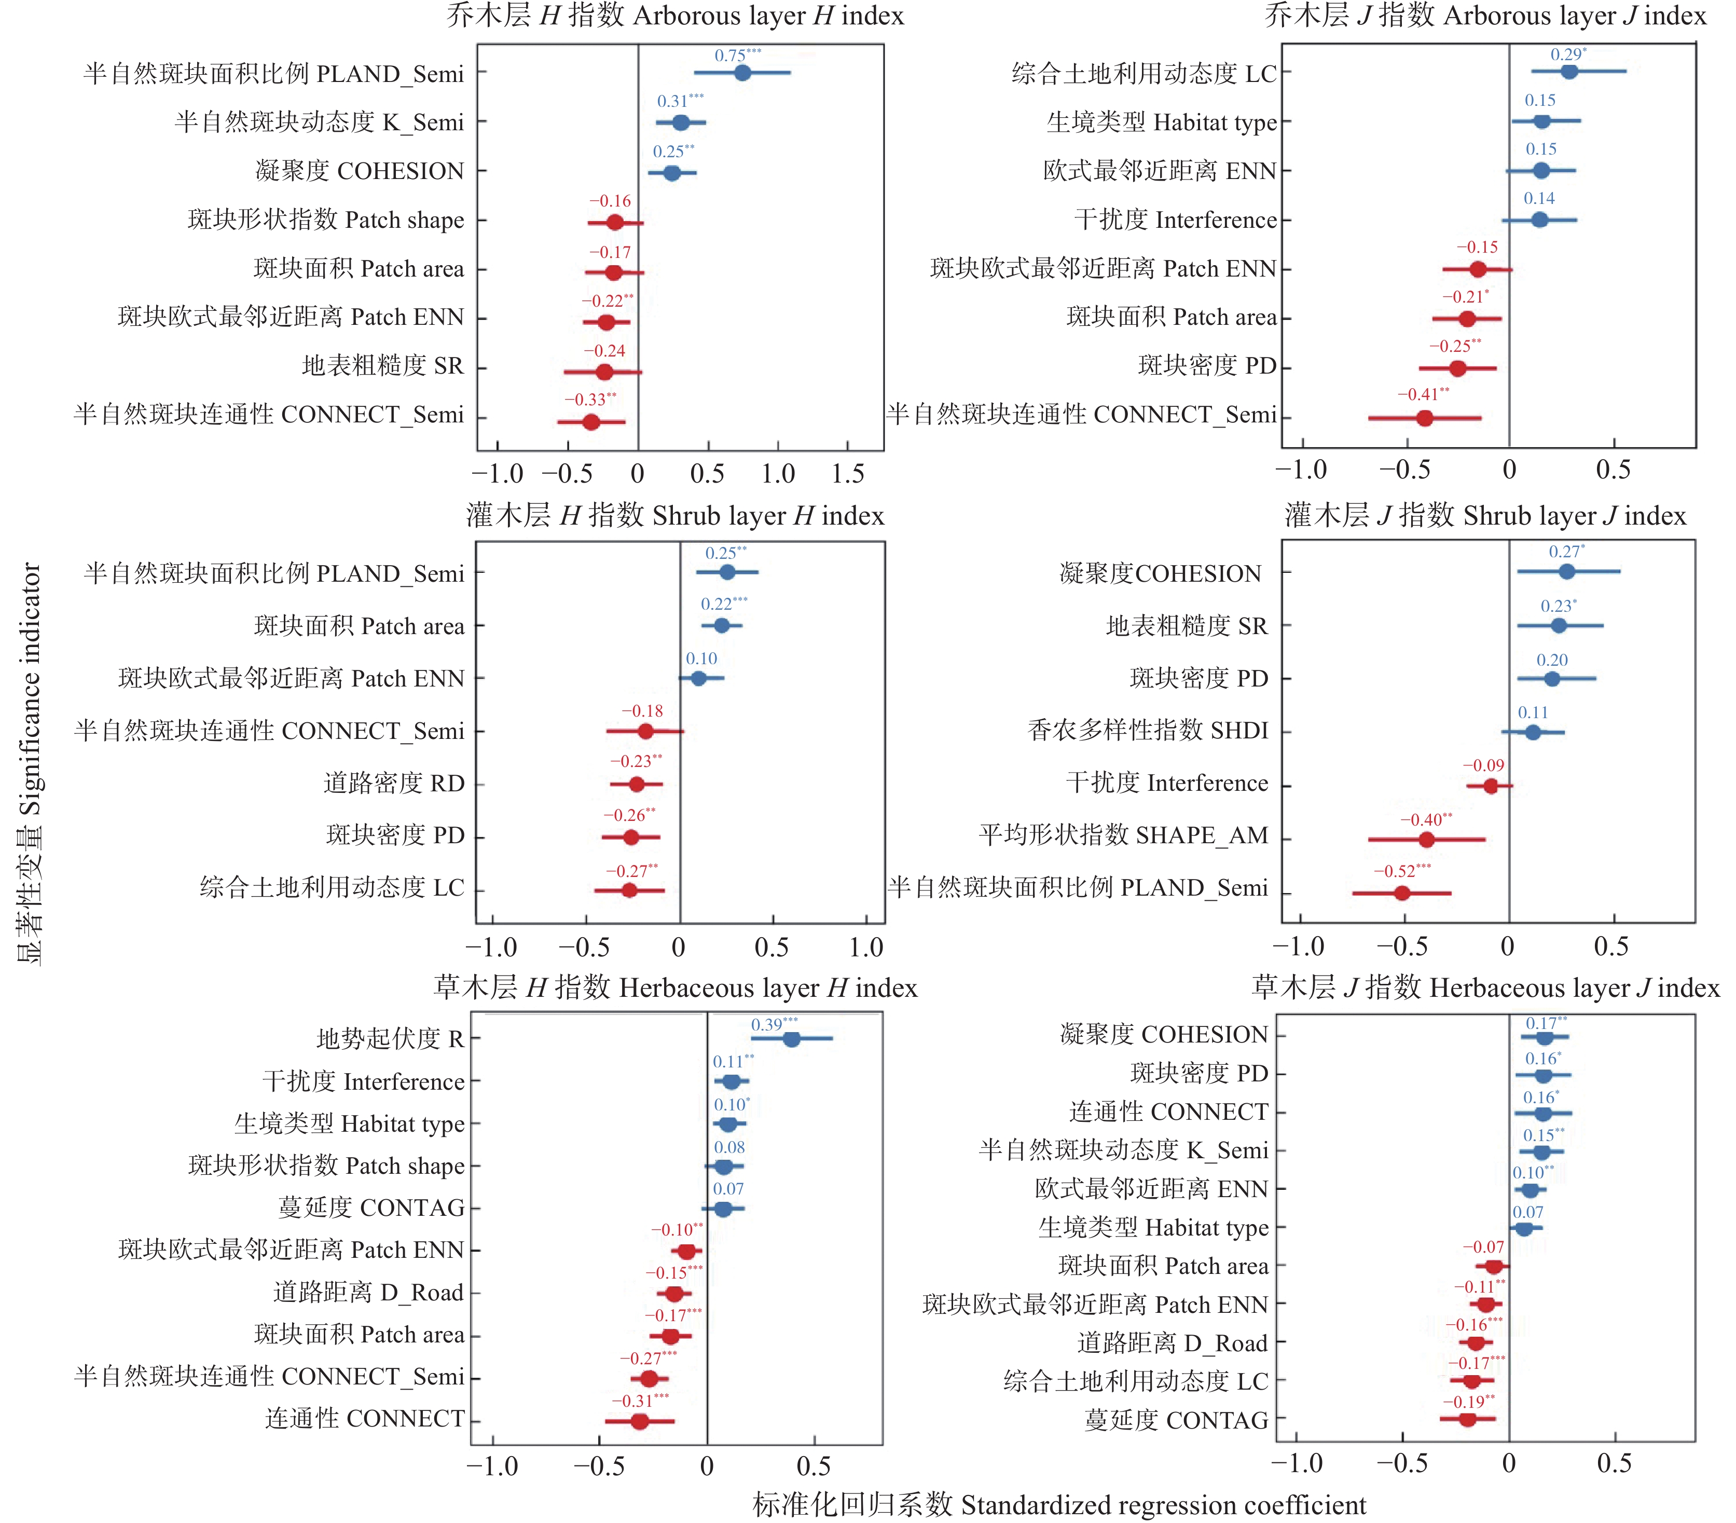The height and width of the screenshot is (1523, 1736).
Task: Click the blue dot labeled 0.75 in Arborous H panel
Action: point(742,73)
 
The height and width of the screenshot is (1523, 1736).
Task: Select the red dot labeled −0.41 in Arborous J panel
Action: point(1424,418)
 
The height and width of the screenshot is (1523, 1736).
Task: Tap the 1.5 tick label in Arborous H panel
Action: point(848,474)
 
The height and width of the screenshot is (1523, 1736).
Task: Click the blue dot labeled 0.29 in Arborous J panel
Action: point(1569,72)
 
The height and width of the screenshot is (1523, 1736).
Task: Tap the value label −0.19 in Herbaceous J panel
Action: point(1468,1401)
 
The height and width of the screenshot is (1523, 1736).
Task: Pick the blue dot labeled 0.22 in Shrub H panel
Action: point(721,626)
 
